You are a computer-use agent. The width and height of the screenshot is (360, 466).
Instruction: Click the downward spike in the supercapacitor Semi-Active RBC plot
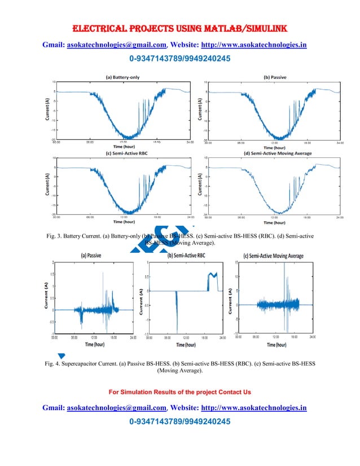pos(177,316)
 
